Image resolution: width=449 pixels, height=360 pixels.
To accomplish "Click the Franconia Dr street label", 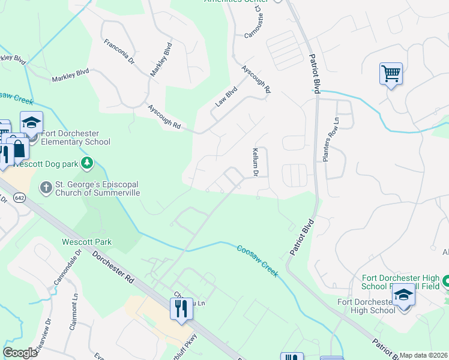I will pyautogui.click(x=117, y=52).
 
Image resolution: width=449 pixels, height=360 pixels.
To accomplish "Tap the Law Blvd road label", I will pyautogui.click(x=227, y=97).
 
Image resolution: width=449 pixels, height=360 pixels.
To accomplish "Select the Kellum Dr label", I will pyautogui.click(x=255, y=162).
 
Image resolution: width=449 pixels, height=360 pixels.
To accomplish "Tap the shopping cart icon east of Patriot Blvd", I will pyautogui.click(x=391, y=74).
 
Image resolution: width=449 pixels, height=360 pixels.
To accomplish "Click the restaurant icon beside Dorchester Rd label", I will pyautogui.click(x=181, y=309).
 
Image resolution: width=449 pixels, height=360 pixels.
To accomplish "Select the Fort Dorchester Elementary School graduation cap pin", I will pyautogui.click(x=31, y=122).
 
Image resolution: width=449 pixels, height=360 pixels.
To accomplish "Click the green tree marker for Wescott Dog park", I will pyautogui.click(x=88, y=162).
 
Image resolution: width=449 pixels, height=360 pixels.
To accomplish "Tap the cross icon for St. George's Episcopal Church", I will pyautogui.click(x=46, y=188).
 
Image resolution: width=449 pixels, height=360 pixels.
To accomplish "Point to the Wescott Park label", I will pyautogui.click(x=86, y=242).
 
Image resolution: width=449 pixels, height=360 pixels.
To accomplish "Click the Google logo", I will pyautogui.click(x=19, y=353).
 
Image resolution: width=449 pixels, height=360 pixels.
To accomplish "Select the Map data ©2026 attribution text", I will pyautogui.click(x=424, y=355).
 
